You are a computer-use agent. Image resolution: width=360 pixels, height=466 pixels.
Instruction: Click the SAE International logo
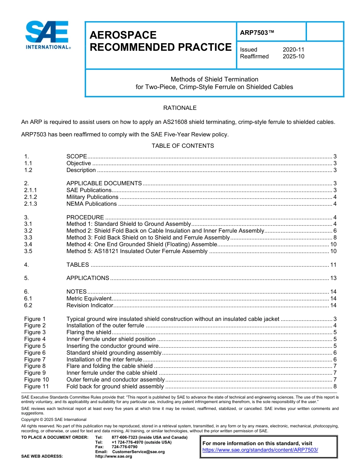(x=47, y=35)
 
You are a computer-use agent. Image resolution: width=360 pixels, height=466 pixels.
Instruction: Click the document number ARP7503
(x=257, y=33)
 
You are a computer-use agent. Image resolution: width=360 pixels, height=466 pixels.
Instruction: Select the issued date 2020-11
(x=293, y=50)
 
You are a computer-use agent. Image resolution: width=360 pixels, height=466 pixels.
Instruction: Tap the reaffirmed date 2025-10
(x=293, y=56)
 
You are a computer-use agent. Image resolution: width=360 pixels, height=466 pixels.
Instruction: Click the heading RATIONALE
(x=180, y=108)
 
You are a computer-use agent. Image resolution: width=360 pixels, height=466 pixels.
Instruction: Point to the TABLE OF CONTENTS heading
(x=183, y=146)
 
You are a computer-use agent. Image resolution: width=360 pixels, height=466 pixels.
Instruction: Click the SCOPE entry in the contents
(x=77, y=156)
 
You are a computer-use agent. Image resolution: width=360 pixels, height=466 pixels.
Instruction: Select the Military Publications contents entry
(x=92, y=197)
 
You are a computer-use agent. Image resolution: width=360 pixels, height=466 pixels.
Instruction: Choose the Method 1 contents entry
(x=128, y=224)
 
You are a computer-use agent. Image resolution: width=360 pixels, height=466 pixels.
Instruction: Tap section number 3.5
(x=28, y=251)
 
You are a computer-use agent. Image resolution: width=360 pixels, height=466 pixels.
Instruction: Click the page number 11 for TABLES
(x=333, y=265)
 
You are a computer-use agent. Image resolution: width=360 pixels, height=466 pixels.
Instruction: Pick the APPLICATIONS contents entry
(x=88, y=278)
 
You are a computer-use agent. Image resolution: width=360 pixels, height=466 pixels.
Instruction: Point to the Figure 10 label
(x=36, y=380)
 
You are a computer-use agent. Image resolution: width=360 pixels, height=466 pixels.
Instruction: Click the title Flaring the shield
(x=89, y=332)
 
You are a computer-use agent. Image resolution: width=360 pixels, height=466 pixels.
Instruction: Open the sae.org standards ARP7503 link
(x=260, y=450)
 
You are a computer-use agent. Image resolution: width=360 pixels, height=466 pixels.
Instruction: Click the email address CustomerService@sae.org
(x=138, y=452)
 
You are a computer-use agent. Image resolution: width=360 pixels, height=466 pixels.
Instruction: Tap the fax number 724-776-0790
(x=124, y=447)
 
